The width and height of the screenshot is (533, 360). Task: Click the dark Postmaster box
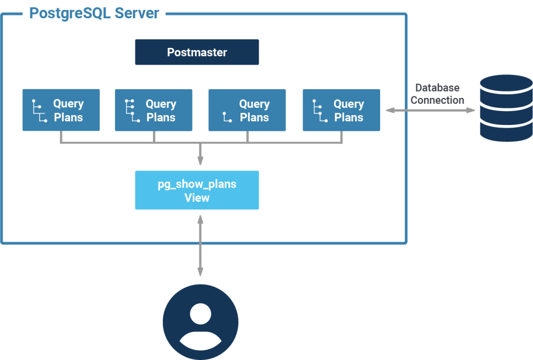[x=197, y=52]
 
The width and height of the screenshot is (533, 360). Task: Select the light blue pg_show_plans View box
[x=197, y=190]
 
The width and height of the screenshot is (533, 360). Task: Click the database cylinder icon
[x=506, y=108]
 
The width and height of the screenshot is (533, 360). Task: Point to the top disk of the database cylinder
[x=506, y=83]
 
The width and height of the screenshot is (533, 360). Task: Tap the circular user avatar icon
[x=200, y=324]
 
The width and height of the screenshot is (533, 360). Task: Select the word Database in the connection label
[x=437, y=88]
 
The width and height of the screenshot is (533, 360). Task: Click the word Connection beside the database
[x=437, y=100]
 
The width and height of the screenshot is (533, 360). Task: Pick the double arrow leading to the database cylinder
[x=430, y=110]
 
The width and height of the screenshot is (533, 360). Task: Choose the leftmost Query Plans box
[x=61, y=110]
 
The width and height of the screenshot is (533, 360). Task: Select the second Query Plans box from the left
[x=154, y=110]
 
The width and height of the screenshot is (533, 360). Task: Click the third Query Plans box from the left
[x=247, y=110]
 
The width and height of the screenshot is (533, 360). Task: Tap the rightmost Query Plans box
[x=341, y=110]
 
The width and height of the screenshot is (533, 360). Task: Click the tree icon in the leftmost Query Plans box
[x=40, y=110]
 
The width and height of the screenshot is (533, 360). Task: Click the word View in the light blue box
[x=197, y=198]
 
